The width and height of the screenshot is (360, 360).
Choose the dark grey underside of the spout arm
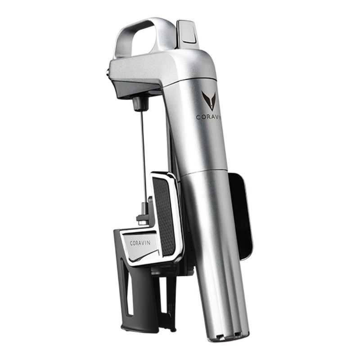click(135, 90)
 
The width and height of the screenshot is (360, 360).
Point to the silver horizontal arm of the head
click(148, 67)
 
